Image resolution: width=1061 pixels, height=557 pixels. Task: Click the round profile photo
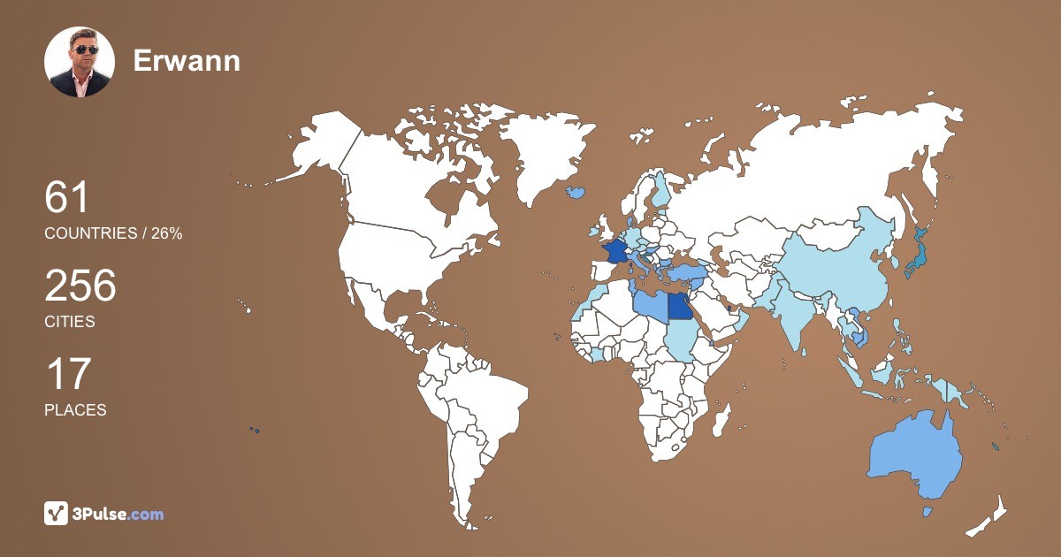80,62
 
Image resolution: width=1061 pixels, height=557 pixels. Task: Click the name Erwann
187,61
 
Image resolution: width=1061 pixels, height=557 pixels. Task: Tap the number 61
67,197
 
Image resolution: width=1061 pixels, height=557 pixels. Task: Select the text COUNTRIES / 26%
113,233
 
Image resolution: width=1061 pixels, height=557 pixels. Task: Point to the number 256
80,286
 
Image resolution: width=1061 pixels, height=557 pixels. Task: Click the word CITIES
70,322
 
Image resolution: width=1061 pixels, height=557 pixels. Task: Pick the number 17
67,374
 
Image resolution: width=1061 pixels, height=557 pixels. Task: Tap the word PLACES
75,410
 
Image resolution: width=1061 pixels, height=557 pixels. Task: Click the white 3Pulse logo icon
56,514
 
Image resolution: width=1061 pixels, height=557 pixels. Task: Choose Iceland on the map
578,191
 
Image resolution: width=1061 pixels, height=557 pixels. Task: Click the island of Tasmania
927,512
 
